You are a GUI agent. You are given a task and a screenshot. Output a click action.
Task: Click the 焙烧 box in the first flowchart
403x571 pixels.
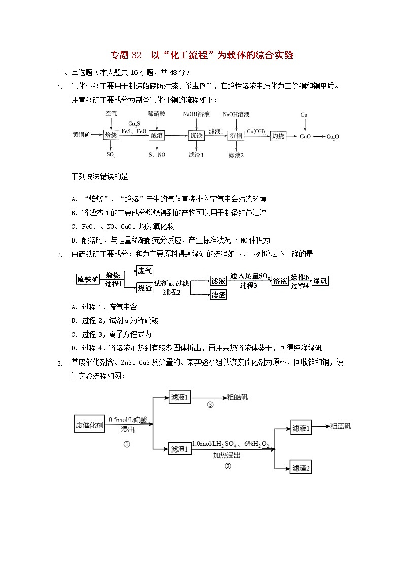pos(110,135)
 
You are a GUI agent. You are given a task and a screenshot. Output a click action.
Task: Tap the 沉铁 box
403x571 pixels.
pos(196,136)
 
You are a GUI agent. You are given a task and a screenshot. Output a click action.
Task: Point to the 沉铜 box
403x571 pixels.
pos(236,136)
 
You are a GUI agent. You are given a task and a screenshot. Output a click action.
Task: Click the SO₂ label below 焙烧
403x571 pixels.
pos(111,154)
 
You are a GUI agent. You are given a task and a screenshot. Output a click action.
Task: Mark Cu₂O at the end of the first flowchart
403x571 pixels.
pos(332,137)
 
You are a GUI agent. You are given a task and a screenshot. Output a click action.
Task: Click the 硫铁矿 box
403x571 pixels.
pos(88,279)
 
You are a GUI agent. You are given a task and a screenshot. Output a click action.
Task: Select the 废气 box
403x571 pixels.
pos(145,271)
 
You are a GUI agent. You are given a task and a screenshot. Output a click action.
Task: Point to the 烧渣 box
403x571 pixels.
pos(145,288)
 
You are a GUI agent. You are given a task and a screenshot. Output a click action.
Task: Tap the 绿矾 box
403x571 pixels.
pos(320,280)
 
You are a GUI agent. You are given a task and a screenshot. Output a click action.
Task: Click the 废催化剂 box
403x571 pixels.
pos(89,425)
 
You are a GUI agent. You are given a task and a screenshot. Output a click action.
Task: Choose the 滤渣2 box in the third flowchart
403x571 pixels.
pos(300,468)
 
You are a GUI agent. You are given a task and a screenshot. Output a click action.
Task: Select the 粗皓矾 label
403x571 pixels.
pos(238,397)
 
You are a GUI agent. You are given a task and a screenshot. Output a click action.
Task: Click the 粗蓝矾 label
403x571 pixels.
pos(340,426)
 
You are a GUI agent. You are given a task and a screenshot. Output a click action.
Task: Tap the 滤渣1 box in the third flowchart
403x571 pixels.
pos(179,448)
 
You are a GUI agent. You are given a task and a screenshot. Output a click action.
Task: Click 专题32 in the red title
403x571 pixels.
pos(125,55)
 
